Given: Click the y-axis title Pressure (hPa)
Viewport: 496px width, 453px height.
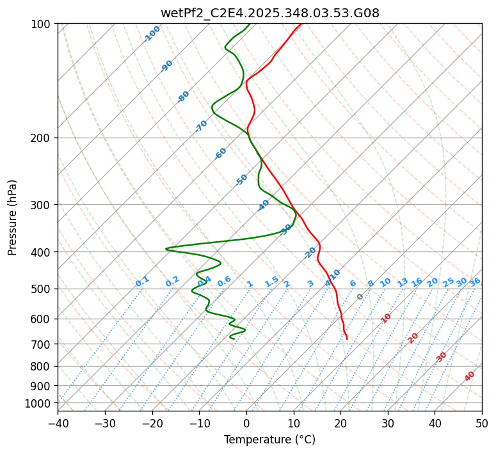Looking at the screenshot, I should [13, 218].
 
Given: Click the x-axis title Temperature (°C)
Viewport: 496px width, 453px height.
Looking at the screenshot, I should [269, 440].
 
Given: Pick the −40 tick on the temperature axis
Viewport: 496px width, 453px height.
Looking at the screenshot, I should [58, 424].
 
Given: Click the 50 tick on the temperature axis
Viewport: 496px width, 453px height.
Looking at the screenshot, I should [482, 424].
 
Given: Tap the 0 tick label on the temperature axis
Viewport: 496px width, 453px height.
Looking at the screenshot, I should [246, 424].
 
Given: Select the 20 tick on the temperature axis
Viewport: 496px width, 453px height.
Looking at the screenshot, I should [340, 424].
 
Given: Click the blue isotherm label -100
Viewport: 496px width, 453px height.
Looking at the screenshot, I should [152, 34].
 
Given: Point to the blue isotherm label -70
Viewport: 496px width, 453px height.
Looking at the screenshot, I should [201, 126].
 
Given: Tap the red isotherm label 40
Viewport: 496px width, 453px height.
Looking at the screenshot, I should [470, 376].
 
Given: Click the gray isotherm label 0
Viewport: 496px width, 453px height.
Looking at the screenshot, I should [360, 297].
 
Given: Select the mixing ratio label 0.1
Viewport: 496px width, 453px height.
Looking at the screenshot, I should [142, 282].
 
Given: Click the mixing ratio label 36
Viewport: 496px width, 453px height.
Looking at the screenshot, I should [475, 282].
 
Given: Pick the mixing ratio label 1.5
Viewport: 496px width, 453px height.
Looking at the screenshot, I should [271, 282].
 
